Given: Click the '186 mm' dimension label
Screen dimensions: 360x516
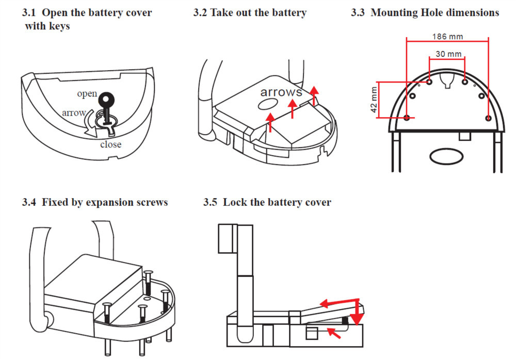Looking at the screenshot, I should [x=447, y=37].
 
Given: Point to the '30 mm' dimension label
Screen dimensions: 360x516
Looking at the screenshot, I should [x=447, y=54].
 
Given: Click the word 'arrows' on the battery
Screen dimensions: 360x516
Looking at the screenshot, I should [x=281, y=92].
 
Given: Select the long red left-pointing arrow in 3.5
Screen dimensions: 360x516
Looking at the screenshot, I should [x=338, y=301].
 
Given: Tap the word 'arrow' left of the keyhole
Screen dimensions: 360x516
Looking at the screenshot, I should [x=73, y=112].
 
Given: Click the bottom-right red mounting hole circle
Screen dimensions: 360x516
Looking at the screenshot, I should [x=488, y=118].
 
